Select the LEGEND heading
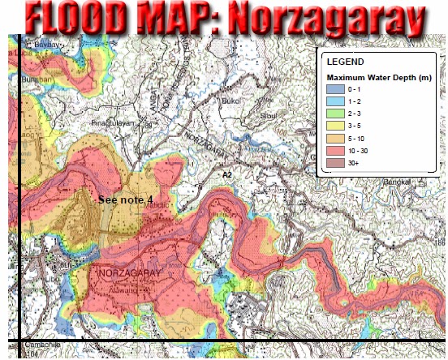point(346,62)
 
